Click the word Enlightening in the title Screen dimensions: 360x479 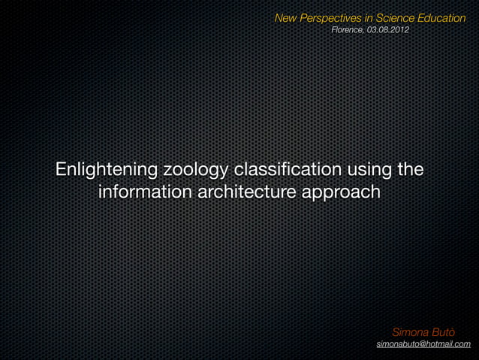pyautogui.click(x=101, y=169)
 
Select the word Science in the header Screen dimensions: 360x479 pyautogui.click(x=396, y=17)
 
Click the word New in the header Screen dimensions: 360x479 pyautogui.click(x=286, y=17)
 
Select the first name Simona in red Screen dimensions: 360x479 pyautogui.click(x=410, y=331)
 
